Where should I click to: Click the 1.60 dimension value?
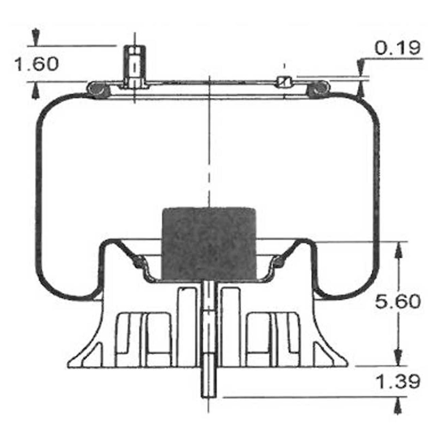(36, 64)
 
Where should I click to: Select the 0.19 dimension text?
(398, 48)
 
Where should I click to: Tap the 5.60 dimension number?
(398, 301)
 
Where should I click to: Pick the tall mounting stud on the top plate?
(135, 67)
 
